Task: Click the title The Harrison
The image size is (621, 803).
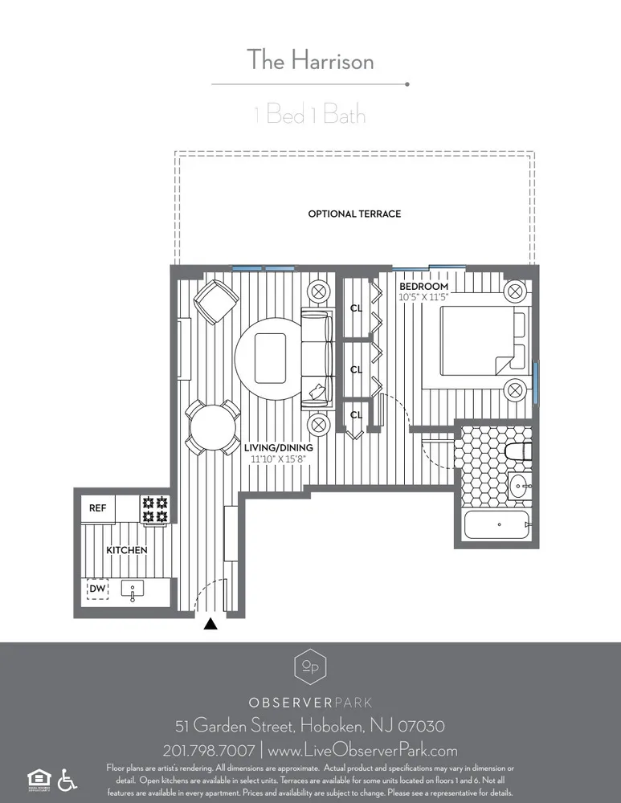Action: pyautogui.click(x=309, y=59)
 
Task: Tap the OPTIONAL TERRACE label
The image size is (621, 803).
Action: pyautogui.click(x=354, y=214)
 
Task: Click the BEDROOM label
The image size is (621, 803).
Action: pyautogui.click(x=423, y=287)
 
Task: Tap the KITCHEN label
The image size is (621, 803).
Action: pyautogui.click(x=127, y=550)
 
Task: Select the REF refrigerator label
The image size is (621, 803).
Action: pyautogui.click(x=97, y=508)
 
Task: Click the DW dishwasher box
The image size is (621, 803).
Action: pyautogui.click(x=98, y=589)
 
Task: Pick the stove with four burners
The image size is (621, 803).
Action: pyautogui.click(x=155, y=508)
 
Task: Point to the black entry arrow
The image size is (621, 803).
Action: pyautogui.click(x=210, y=624)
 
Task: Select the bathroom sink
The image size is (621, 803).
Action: pyautogui.click(x=517, y=485)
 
